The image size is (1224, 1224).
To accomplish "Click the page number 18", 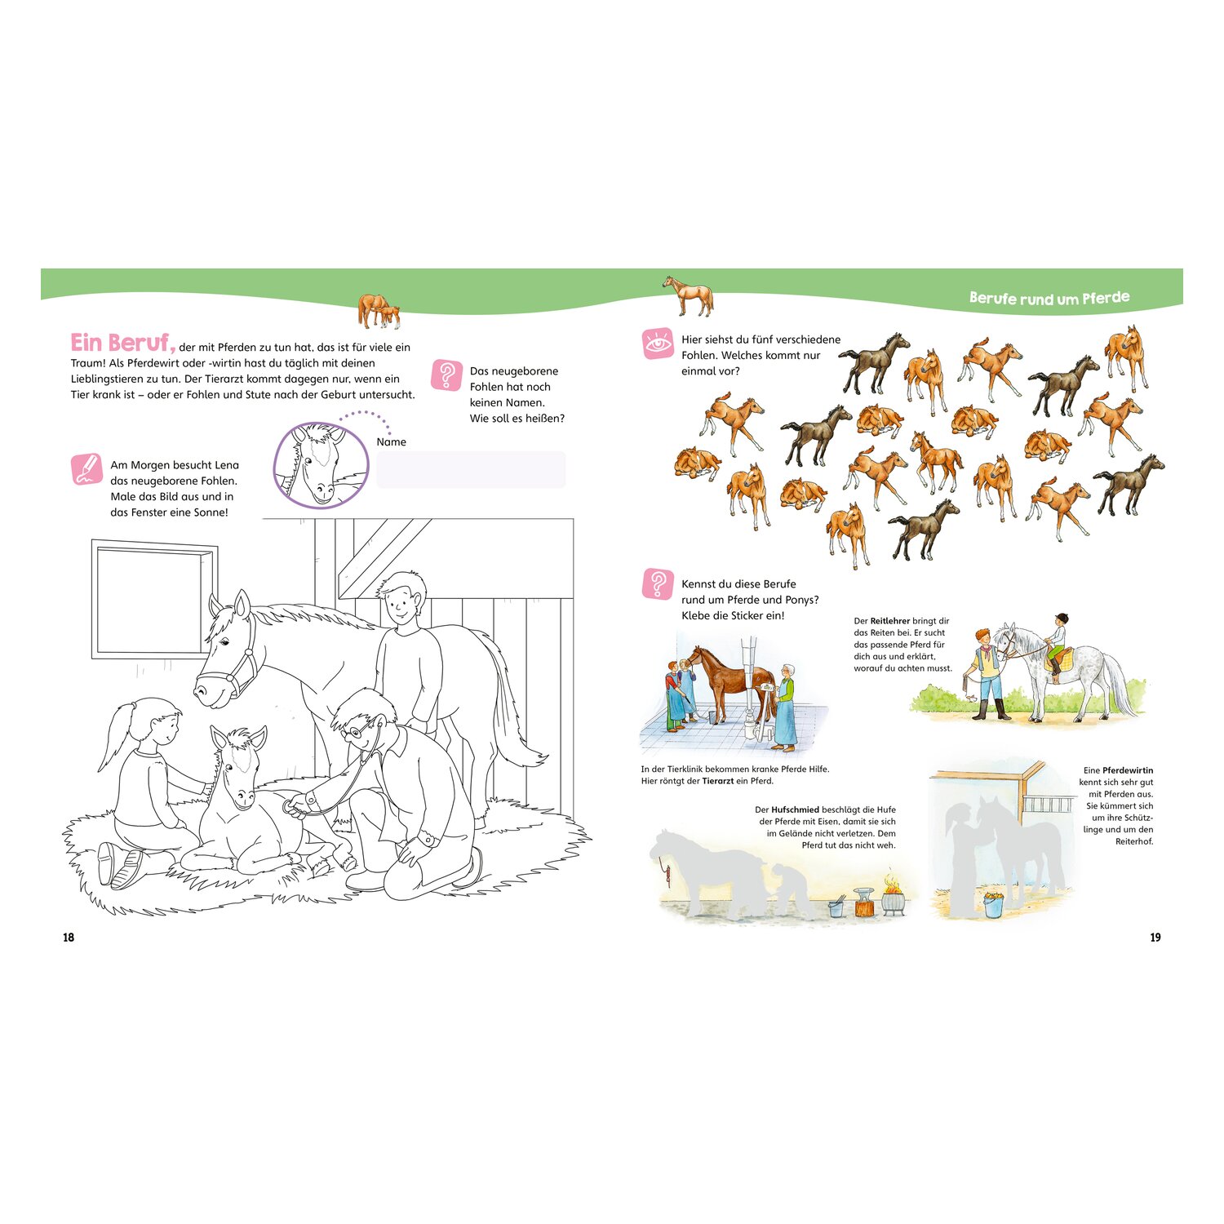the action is click(69, 938).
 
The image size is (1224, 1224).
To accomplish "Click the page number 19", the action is click(1155, 938).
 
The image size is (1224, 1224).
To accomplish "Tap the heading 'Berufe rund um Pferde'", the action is click(1049, 298).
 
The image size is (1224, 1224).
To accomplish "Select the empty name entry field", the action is click(471, 470).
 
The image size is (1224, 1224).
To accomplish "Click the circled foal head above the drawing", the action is click(321, 465).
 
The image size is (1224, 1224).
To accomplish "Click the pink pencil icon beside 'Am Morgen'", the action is click(86, 469).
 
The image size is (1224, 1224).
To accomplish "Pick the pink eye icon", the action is click(658, 344).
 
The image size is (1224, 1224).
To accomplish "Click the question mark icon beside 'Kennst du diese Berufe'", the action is click(658, 584).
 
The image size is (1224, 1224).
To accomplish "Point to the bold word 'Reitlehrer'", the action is click(890, 621).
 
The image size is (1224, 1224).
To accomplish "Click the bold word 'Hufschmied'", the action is click(795, 810).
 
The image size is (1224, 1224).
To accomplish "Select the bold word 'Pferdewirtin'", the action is click(1128, 770).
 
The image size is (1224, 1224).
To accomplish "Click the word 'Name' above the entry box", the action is click(392, 441).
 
